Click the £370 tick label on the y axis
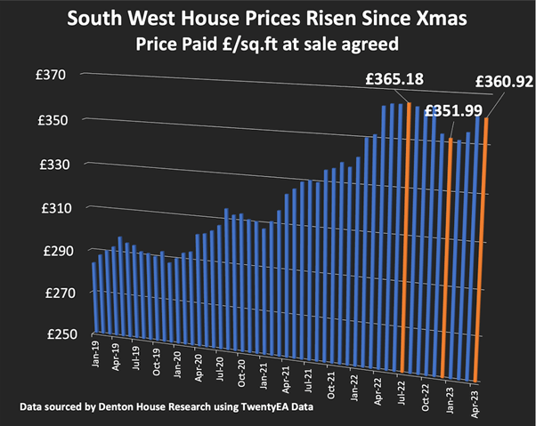[54, 76]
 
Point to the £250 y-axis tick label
[54, 334]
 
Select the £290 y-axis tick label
[54, 252]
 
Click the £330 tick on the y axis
[54, 165]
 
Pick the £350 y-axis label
[54, 120]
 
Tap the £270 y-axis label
[54, 293]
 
